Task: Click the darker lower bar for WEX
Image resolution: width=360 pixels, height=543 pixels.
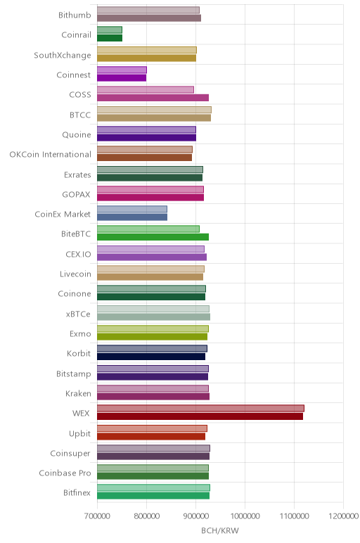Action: tap(200, 416)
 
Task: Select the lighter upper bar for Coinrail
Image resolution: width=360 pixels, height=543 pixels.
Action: tap(110, 30)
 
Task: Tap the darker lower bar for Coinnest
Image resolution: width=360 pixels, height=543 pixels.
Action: tap(122, 77)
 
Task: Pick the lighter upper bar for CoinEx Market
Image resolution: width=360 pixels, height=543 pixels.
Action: tap(132, 209)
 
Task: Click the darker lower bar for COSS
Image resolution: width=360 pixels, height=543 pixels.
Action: tap(153, 98)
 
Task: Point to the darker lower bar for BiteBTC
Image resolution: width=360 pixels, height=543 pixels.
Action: tap(153, 237)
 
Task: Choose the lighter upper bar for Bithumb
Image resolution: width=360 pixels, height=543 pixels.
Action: tap(148, 10)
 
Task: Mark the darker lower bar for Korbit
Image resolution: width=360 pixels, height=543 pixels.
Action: tap(151, 357)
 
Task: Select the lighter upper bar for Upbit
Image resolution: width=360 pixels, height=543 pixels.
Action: tap(152, 428)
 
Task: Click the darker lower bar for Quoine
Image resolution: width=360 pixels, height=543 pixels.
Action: tap(146, 137)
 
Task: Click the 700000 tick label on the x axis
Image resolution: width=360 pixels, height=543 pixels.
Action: tap(97, 516)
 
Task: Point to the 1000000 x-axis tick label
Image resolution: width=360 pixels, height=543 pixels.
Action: tap(245, 516)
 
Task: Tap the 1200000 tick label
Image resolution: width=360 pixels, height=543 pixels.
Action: tap(343, 516)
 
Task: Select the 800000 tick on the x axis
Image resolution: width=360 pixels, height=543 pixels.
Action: tap(146, 516)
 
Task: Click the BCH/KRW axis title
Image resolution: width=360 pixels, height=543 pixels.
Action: tap(220, 530)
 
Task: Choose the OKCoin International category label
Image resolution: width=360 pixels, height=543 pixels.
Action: tap(51, 155)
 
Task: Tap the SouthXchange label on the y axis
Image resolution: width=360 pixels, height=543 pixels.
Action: tap(63, 56)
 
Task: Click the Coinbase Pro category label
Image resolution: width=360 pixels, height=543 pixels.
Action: tap(65, 473)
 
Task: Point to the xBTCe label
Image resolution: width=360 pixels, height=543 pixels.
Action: tap(78, 314)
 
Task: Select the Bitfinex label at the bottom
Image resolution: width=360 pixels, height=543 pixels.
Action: tap(77, 493)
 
